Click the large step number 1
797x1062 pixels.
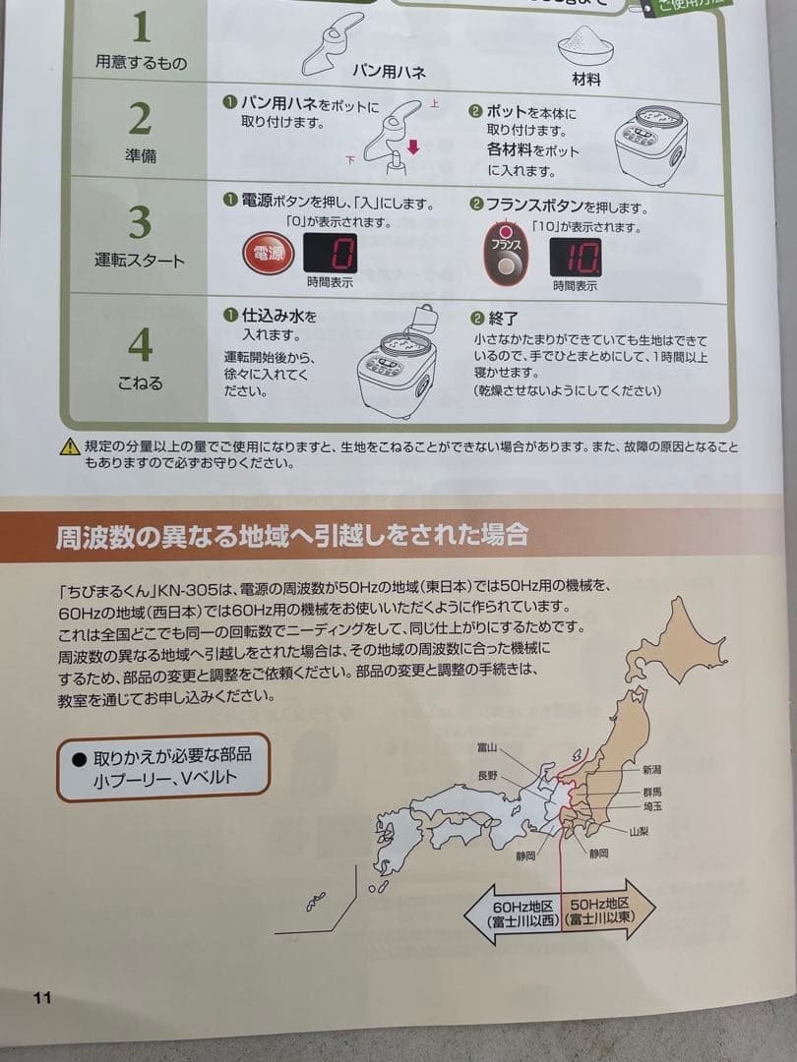click(x=141, y=28)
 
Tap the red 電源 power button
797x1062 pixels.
click(x=268, y=255)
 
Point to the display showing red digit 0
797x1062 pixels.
click(x=330, y=255)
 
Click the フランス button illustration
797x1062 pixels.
click(x=505, y=256)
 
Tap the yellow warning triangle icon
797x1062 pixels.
click(x=69, y=448)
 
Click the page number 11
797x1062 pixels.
click(x=41, y=997)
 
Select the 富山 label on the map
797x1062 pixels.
click(x=486, y=746)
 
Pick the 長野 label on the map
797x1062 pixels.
click(x=487, y=776)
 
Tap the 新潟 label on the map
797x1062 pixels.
click(x=652, y=770)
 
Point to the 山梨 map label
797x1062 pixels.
click(x=641, y=831)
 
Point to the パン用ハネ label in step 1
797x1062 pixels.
click(x=389, y=72)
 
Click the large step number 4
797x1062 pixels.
click(x=141, y=344)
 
